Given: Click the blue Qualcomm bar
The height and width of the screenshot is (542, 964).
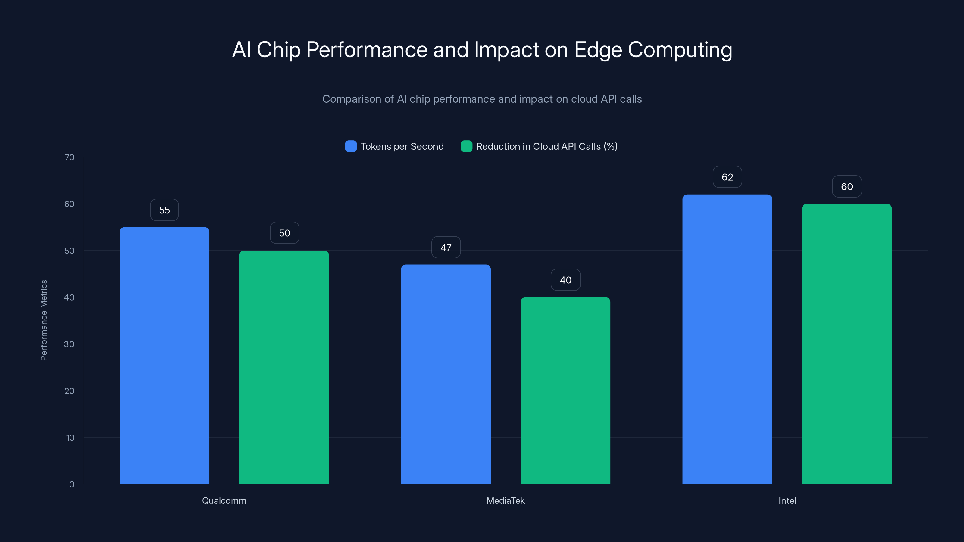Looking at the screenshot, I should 164,355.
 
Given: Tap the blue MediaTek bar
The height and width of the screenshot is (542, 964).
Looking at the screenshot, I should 446,374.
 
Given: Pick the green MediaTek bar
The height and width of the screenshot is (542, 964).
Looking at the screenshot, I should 565,391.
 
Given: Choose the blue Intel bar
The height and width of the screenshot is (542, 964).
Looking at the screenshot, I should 727,339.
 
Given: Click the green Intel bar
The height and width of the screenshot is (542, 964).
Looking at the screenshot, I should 847,344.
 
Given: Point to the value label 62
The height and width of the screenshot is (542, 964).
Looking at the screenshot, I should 727,177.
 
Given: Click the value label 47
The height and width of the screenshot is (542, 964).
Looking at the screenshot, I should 446,247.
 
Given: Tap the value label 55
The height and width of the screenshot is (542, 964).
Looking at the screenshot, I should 164,210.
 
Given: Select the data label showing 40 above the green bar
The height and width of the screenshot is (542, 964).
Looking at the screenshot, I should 565,280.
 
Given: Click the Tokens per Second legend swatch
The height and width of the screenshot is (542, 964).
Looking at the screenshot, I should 351,146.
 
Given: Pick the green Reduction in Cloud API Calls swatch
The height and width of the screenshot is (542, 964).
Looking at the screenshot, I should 466,146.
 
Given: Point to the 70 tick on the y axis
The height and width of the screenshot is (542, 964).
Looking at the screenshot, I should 69,157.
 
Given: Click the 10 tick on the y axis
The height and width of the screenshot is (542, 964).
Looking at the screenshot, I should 70,438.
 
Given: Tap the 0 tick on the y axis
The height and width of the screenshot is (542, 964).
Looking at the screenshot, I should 71,484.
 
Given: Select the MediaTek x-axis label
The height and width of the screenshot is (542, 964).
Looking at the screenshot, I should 505,500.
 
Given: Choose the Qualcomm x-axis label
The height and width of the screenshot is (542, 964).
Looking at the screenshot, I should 224,500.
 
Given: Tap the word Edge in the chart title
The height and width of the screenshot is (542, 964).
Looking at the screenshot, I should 598,50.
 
